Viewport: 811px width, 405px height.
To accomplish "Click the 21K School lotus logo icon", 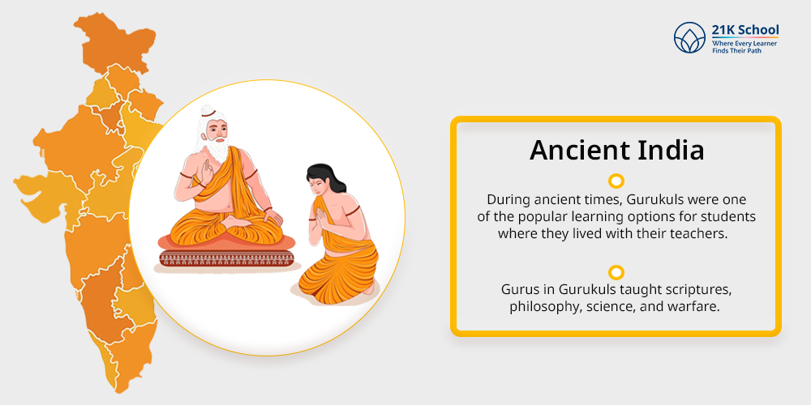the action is pyautogui.click(x=689, y=37).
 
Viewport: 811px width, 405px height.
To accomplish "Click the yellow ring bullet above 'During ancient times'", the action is pyautogui.click(x=616, y=181).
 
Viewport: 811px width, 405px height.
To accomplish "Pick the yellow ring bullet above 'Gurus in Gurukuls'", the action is pyautogui.click(x=616, y=272).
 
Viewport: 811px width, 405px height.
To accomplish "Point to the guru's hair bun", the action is pyautogui.click(x=208, y=110).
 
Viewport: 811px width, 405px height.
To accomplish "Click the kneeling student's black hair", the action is pyautogui.click(x=324, y=178).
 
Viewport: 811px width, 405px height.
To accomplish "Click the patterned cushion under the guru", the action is pyautogui.click(x=226, y=257).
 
